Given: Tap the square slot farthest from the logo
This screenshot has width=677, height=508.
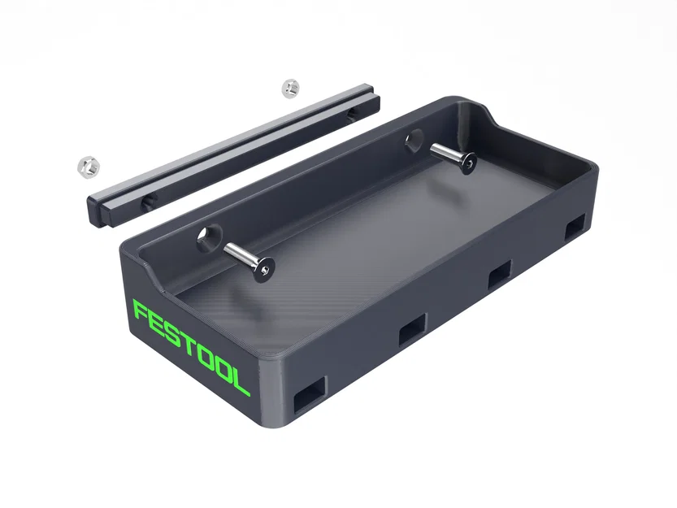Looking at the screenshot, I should (x=575, y=227).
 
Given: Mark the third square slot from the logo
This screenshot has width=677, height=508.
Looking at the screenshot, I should (x=498, y=274).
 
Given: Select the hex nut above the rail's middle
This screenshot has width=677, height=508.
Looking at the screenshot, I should (x=290, y=88).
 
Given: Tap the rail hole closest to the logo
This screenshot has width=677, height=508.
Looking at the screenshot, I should (x=147, y=199).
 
